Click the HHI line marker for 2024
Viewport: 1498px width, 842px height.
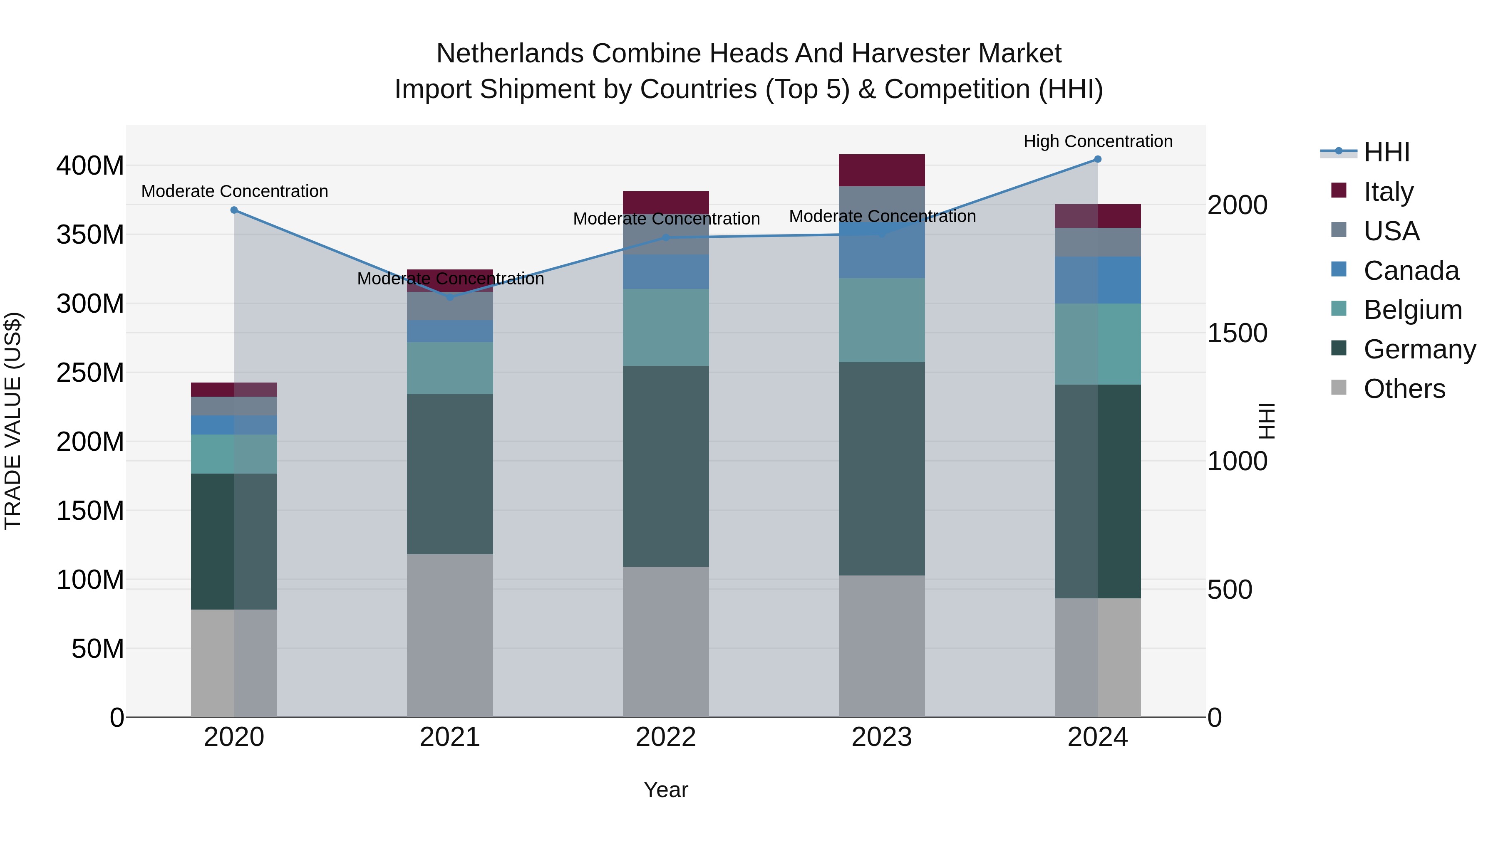[x=1097, y=159]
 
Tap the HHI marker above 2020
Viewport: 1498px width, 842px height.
[x=234, y=210]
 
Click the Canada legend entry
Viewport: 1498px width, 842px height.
[x=1411, y=271]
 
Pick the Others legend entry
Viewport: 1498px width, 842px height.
[x=1404, y=389]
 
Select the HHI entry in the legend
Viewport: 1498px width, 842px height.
[x=1386, y=152]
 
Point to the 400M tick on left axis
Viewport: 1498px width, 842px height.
[x=90, y=166]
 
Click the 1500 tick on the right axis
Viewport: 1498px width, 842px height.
[x=1238, y=333]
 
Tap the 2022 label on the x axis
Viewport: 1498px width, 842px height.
[x=666, y=737]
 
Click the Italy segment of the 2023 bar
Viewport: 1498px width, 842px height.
[x=882, y=170]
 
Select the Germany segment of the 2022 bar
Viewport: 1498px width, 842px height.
[x=666, y=466]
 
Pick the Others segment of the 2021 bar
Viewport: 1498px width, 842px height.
[x=450, y=635]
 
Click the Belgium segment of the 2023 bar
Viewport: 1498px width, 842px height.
[x=882, y=320]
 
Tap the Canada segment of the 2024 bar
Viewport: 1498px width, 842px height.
[x=1097, y=280]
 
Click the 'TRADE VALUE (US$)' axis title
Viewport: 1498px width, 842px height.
[x=13, y=421]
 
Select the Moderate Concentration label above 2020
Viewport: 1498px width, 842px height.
[x=234, y=191]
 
